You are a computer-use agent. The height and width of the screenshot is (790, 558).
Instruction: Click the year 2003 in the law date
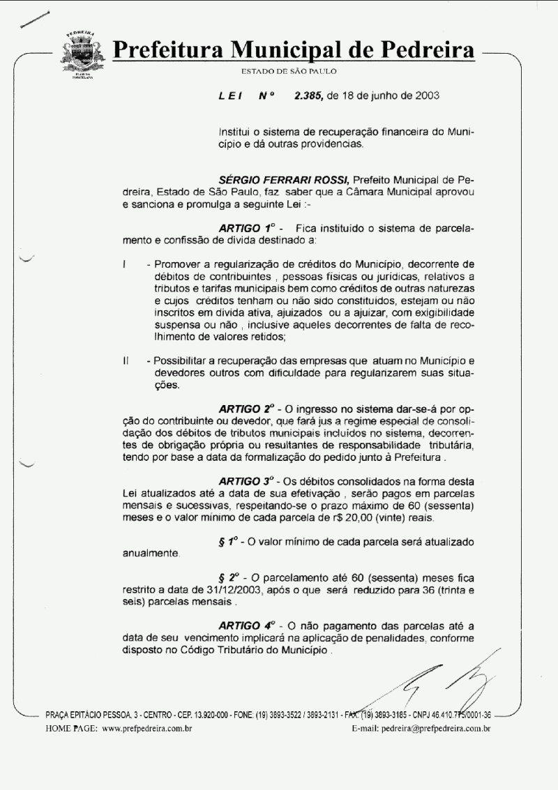(425, 96)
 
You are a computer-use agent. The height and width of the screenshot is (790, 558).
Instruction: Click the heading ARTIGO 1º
(245, 229)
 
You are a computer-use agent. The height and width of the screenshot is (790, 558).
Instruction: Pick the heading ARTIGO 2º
(246, 407)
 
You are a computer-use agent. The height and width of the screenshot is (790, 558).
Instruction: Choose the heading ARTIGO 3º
(246, 481)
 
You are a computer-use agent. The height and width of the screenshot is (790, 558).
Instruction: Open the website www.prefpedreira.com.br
(147, 729)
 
